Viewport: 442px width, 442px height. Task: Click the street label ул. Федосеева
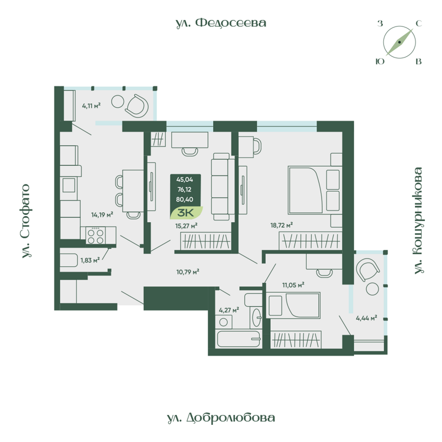click(x=221, y=23)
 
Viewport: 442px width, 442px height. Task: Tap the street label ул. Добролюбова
click(x=220, y=418)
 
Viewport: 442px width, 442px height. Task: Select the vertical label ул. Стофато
click(x=25, y=221)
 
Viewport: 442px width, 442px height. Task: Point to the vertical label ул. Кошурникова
click(x=418, y=220)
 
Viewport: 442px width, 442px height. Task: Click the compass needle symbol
click(x=399, y=43)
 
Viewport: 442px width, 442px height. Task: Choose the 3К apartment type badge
click(x=186, y=211)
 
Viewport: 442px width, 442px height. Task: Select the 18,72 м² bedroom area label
click(x=281, y=225)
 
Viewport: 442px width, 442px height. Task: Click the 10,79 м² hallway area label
click(x=187, y=271)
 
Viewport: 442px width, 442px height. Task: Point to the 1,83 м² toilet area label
click(x=90, y=260)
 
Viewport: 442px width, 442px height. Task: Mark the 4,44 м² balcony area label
click(x=366, y=318)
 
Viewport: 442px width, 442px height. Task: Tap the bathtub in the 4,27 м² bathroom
click(x=238, y=338)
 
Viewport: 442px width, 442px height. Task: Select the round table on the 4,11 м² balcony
click(x=118, y=102)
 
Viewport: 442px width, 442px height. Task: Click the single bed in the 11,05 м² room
click(x=293, y=306)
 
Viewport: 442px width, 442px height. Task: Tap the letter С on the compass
click(x=418, y=23)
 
